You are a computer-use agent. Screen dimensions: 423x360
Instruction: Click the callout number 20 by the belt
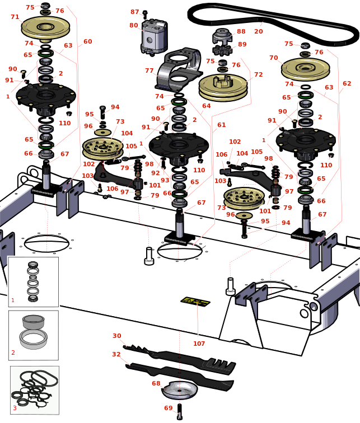click(x=259, y=31)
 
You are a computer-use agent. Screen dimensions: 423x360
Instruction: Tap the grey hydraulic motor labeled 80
click(x=153, y=37)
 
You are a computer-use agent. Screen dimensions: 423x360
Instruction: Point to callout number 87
click(x=135, y=12)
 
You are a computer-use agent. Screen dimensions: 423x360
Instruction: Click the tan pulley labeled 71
click(x=45, y=26)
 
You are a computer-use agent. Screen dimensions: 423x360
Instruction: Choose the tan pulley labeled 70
click(x=305, y=68)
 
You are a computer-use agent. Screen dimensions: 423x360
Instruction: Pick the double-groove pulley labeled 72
click(x=223, y=86)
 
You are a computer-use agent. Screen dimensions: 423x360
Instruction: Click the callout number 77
click(x=149, y=71)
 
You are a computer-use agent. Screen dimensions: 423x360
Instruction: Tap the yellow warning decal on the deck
click(x=195, y=302)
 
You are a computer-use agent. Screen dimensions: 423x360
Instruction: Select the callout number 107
click(x=199, y=344)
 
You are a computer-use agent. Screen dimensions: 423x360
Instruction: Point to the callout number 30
click(x=116, y=336)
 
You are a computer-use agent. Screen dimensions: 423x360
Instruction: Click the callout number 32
click(x=116, y=354)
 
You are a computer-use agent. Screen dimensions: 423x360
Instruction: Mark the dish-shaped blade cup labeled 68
click(x=179, y=389)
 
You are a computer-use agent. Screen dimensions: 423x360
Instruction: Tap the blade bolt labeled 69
click(x=179, y=412)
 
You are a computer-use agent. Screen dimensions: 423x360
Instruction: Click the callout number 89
click(x=242, y=44)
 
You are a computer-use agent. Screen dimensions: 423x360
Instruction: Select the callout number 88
click(x=241, y=31)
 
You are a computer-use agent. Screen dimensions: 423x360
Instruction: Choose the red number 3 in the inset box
click(x=15, y=408)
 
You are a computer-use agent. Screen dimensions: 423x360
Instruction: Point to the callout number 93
click(x=165, y=180)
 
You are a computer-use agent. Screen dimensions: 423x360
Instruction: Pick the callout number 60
click(x=88, y=41)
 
